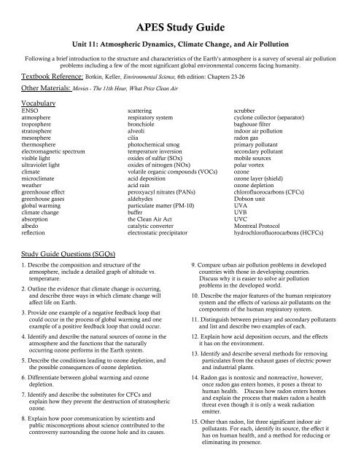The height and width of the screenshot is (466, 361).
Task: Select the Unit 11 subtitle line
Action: click(x=180, y=43)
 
